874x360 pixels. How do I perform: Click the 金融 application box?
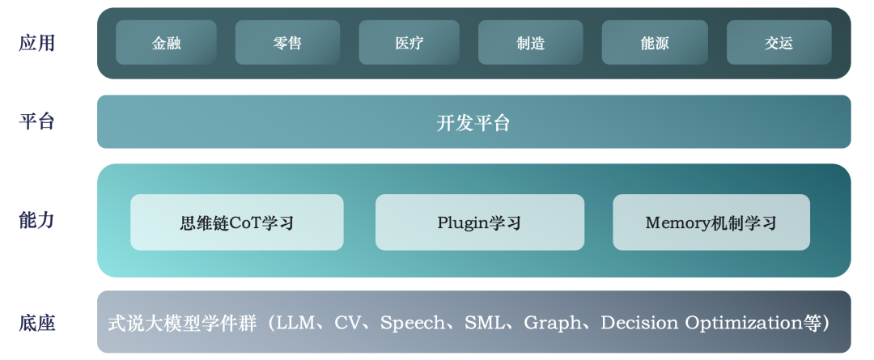(x=166, y=43)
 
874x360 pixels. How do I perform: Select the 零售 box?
(x=287, y=43)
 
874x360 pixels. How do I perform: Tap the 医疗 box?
(x=409, y=43)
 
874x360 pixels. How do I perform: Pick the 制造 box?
(x=530, y=43)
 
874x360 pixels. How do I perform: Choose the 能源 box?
(x=655, y=43)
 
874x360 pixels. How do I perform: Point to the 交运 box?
(x=779, y=43)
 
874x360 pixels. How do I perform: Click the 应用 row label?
(x=37, y=43)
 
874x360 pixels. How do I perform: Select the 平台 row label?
(x=37, y=122)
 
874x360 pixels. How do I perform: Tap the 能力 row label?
(x=37, y=220)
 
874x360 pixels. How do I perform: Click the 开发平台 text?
(x=473, y=123)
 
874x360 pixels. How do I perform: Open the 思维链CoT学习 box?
(x=236, y=222)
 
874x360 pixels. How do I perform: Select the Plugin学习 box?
(x=479, y=222)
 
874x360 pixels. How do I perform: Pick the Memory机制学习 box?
(x=711, y=222)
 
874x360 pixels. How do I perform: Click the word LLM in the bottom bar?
(x=295, y=324)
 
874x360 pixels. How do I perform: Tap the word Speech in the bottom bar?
(x=412, y=324)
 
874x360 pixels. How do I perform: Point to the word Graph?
(x=553, y=324)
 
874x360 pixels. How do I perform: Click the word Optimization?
(x=745, y=324)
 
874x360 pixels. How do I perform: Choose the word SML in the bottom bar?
(x=482, y=324)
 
